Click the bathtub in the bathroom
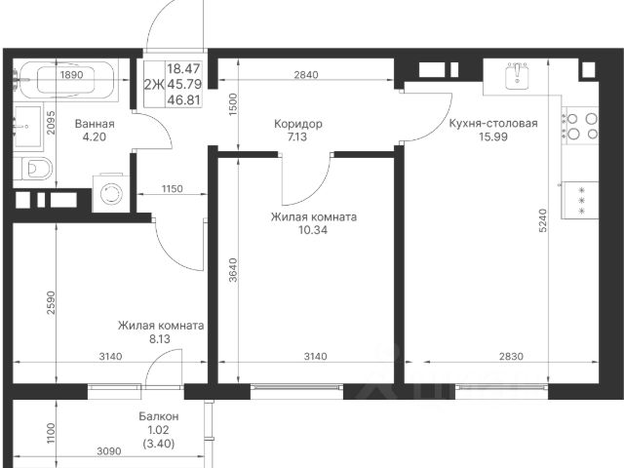[66, 80]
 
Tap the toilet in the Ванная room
[33, 169]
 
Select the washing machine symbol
[111, 193]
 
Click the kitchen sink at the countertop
[517, 75]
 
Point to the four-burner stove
[580, 126]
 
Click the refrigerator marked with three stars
[580, 200]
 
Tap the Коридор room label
[298, 124]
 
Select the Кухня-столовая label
[493, 124]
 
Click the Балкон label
[158, 416]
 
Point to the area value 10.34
[313, 230]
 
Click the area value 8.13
[160, 339]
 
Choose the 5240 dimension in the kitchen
[543, 220]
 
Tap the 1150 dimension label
[172, 188]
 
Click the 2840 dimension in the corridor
[306, 74]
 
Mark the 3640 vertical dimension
[233, 270]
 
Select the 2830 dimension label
[511, 356]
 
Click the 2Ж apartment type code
[154, 85]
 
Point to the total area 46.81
[184, 99]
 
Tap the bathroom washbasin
[27, 127]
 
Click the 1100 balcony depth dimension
[51, 433]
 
